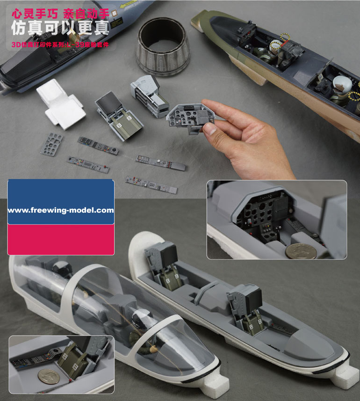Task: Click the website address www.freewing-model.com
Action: pyautogui.click(x=61, y=210)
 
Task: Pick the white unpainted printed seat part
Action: pyautogui.click(x=60, y=102)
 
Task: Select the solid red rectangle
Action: pyautogui.click(x=61, y=239)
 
